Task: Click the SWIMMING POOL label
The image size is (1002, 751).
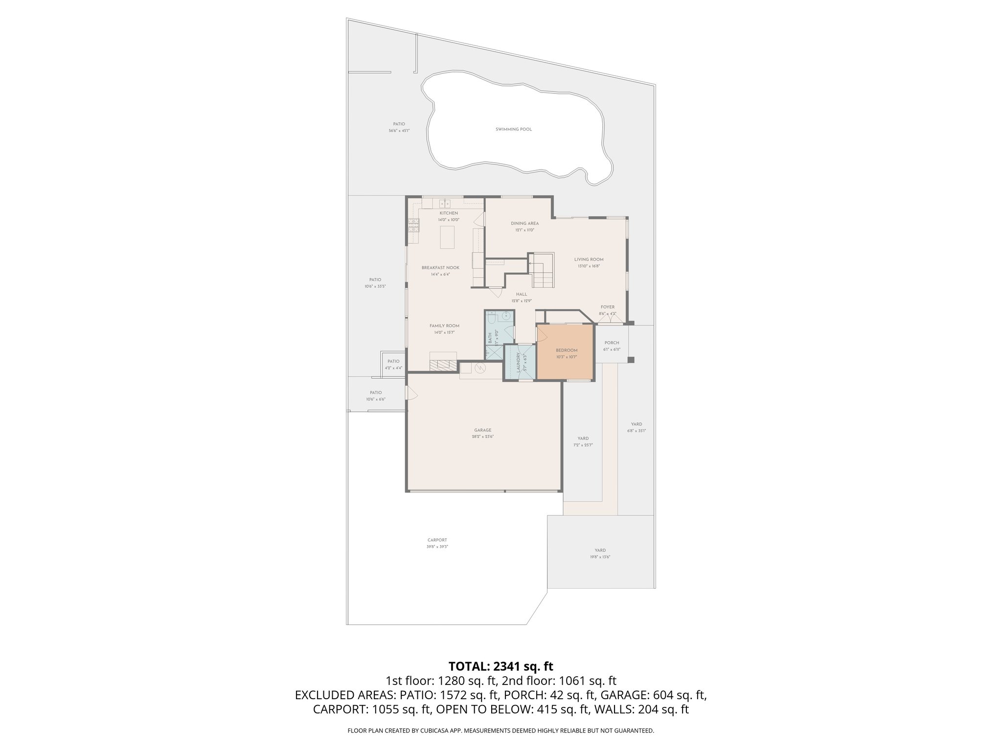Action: [513, 130]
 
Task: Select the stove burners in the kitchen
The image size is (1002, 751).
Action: [414, 225]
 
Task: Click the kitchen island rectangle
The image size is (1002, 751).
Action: [447, 238]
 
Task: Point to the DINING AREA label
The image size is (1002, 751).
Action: [524, 223]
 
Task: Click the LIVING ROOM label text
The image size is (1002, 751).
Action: [589, 260]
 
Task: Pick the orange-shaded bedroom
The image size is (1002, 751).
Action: [566, 353]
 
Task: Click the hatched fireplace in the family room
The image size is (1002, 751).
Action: [443, 365]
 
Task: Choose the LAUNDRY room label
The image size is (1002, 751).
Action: [518, 362]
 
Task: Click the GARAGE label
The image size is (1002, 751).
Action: [482, 430]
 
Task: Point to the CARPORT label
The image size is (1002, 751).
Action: [437, 540]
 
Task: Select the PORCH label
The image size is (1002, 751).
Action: [612, 343]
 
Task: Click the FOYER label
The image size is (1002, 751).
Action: [607, 307]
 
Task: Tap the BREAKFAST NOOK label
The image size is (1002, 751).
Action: [440, 268]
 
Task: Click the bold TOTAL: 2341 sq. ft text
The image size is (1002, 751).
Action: [501, 666]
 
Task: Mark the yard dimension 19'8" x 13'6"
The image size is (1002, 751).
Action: [600, 557]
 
